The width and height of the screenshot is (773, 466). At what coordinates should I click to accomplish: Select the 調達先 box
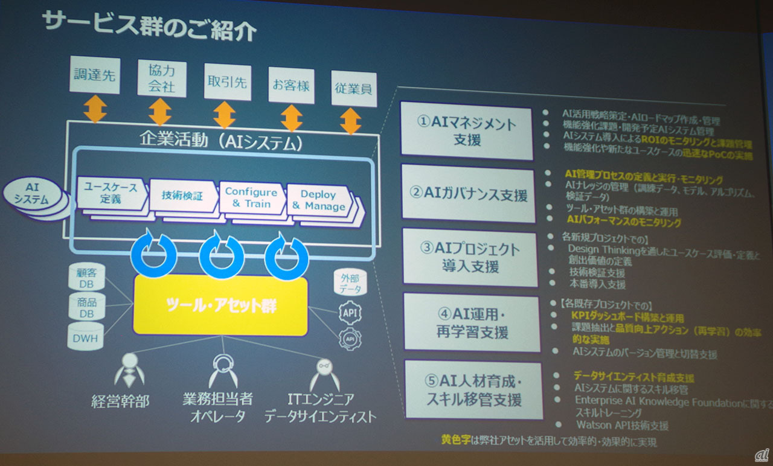click(95, 74)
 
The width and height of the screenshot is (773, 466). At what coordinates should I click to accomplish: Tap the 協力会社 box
click(161, 78)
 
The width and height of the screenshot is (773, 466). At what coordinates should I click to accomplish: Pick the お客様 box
click(291, 85)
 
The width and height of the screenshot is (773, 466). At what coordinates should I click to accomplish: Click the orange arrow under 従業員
click(350, 121)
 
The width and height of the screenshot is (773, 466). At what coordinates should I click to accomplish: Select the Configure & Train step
click(251, 197)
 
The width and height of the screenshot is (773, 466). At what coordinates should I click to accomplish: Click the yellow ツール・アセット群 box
click(221, 305)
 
